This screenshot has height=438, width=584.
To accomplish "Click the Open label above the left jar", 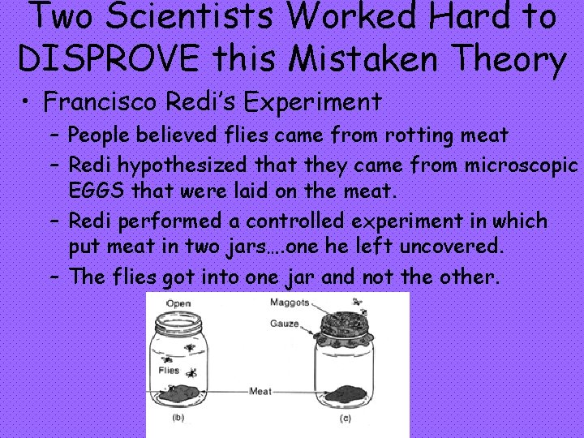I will click(x=178, y=303).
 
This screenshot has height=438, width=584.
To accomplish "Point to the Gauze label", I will click(x=285, y=324).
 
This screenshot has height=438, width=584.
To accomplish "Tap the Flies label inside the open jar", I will click(x=168, y=371).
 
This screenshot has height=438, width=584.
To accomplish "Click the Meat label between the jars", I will click(x=260, y=390).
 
